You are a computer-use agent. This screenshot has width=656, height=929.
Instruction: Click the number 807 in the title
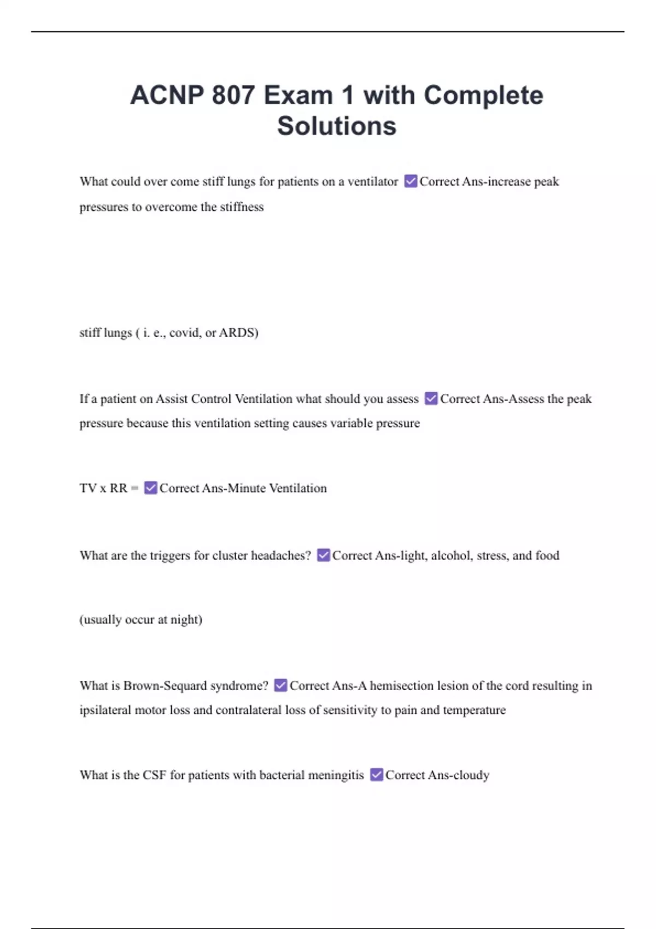tap(233, 95)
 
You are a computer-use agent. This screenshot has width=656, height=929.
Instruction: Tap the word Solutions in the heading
tap(336, 126)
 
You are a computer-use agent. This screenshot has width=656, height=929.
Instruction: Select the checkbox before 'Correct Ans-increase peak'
tap(411, 181)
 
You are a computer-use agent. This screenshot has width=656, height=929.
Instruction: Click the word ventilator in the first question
tap(373, 181)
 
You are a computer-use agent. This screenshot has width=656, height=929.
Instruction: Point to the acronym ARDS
tap(238, 332)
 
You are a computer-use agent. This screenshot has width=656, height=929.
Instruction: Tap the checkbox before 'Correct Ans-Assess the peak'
tap(431, 398)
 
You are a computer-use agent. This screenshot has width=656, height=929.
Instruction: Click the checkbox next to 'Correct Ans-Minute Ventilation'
tap(150, 487)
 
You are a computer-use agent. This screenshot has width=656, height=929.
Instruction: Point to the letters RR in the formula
tap(118, 488)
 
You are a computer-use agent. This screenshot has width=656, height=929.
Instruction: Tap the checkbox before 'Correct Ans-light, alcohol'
tap(323, 555)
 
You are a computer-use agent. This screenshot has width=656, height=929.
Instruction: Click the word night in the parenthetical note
tap(186, 620)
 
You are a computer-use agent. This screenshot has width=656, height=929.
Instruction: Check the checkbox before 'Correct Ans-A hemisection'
tap(280, 685)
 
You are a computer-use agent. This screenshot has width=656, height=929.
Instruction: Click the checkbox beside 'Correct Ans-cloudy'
tap(376, 774)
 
